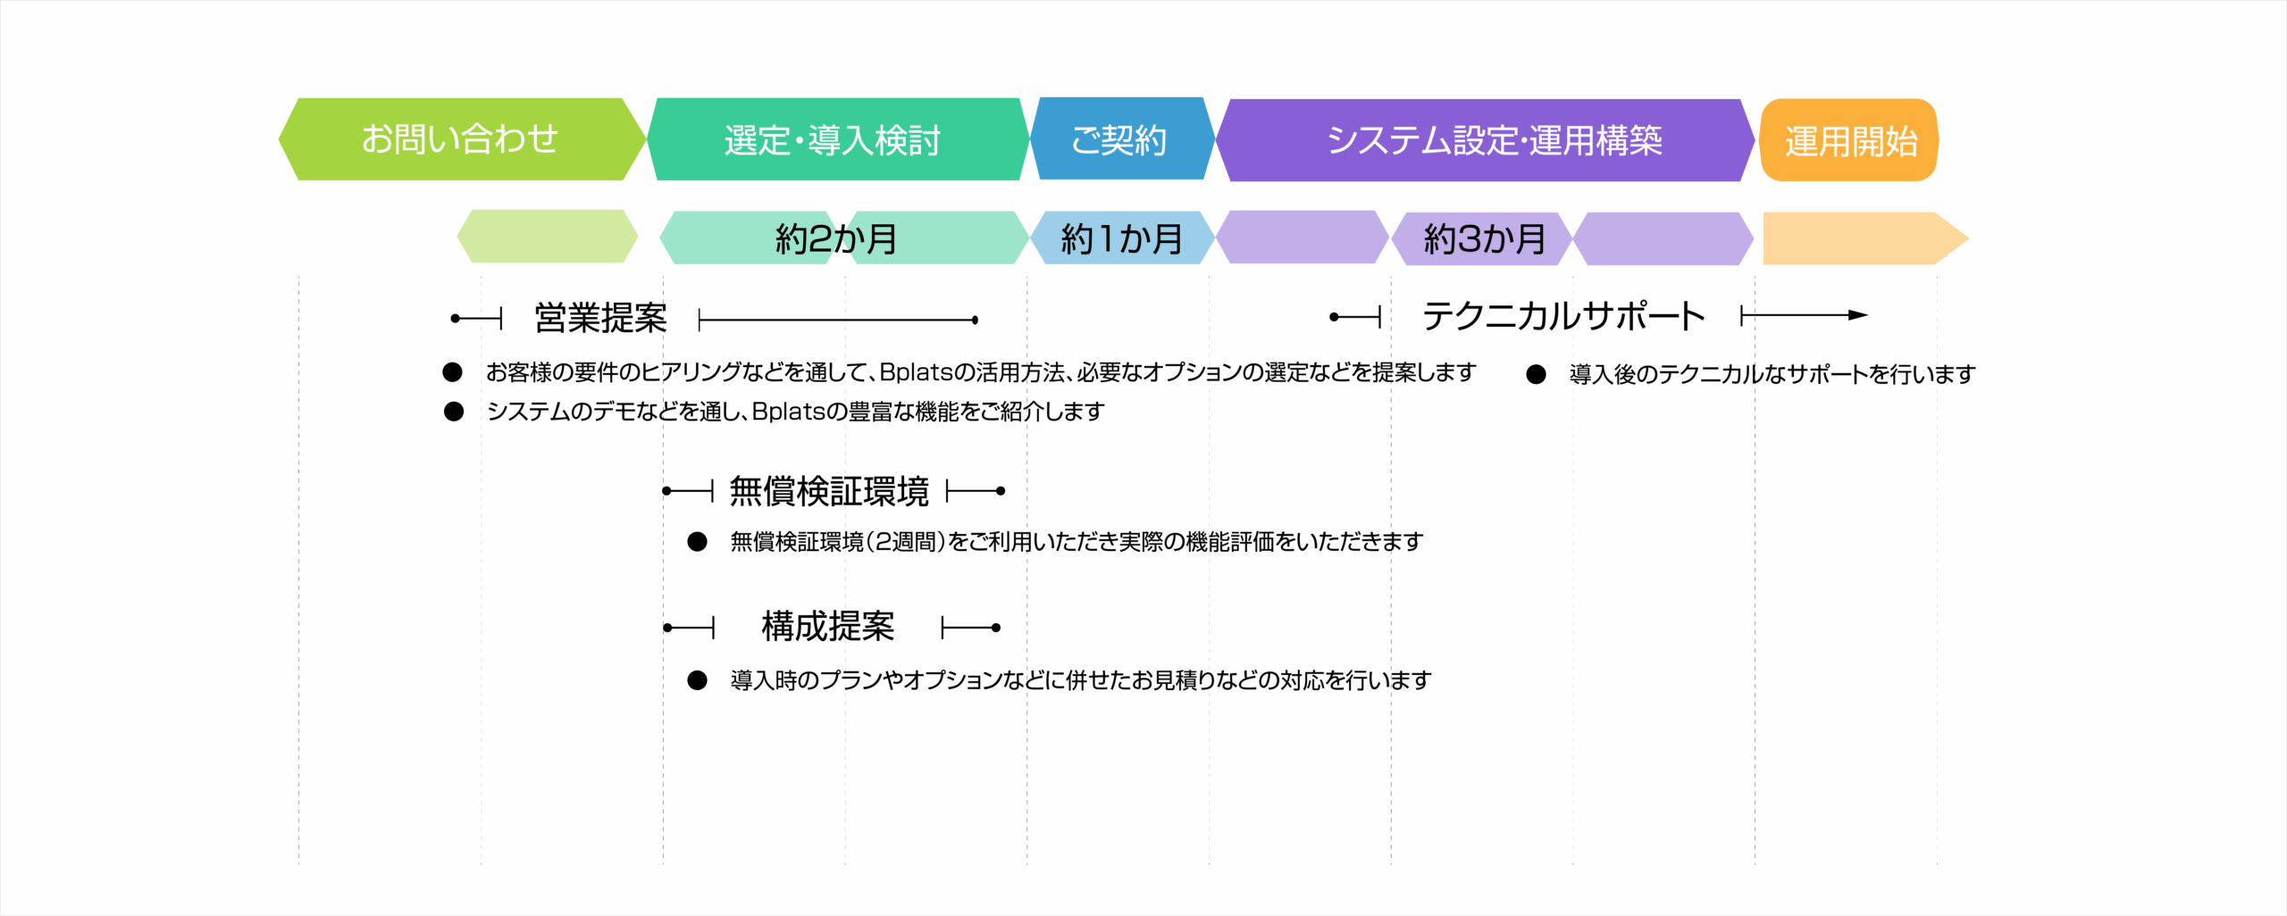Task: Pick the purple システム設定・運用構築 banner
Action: (x=1485, y=140)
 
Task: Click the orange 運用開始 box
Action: (x=1848, y=140)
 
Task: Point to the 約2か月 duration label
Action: (x=836, y=239)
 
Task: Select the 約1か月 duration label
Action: (x=1122, y=239)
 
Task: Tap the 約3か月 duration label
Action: (x=1485, y=239)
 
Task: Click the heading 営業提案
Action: (x=600, y=318)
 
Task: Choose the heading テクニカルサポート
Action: (x=1563, y=316)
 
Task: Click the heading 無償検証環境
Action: (x=829, y=491)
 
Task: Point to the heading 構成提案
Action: (x=828, y=627)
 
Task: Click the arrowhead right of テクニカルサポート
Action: (x=1858, y=315)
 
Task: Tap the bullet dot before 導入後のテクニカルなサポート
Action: (x=1536, y=374)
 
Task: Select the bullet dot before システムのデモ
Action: (x=454, y=412)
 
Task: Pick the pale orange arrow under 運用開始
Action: (x=1865, y=238)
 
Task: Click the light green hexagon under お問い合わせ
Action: (x=548, y=237)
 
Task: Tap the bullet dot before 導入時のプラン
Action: (x=697, y=680)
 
